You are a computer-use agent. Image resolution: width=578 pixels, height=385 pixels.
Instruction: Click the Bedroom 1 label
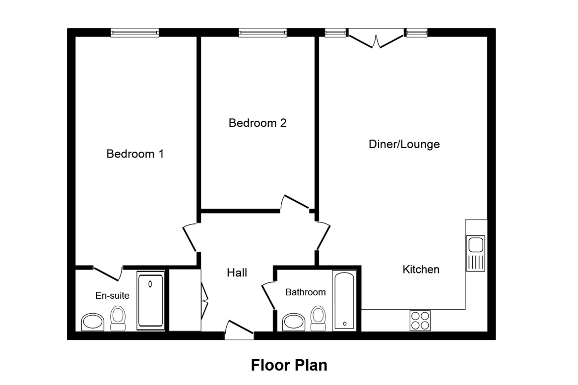point(135,154)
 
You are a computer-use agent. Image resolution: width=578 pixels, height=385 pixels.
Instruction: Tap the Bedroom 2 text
point(257,123)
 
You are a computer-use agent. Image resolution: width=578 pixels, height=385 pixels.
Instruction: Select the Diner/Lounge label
point(404,145)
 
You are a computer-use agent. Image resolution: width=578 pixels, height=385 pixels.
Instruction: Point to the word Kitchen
point(421,270)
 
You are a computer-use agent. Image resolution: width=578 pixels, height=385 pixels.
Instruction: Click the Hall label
point(237,273)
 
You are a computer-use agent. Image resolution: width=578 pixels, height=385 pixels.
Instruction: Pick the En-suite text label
point(112,296)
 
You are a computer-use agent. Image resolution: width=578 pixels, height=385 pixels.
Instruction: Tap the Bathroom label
point(305,292)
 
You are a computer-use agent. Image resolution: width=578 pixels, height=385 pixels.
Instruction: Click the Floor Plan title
point(289,366)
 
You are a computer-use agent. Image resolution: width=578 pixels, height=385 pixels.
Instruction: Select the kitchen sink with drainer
point(476,253)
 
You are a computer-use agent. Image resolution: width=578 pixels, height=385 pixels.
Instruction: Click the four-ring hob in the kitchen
point(420,320)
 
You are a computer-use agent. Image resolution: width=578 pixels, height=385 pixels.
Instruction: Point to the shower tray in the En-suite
point(150,300)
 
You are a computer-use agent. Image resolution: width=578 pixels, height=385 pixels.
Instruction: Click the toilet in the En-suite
point(118,318)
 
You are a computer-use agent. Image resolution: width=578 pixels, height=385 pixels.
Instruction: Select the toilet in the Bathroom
point(318,318)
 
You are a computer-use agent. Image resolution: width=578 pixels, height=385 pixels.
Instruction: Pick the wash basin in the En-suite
point(93,322)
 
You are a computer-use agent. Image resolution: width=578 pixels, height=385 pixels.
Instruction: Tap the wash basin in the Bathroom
point(293,322)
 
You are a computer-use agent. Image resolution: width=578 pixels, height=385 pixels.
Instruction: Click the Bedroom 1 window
point(134,33)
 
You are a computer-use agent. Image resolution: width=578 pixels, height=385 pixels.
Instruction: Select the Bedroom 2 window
point(262,33)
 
